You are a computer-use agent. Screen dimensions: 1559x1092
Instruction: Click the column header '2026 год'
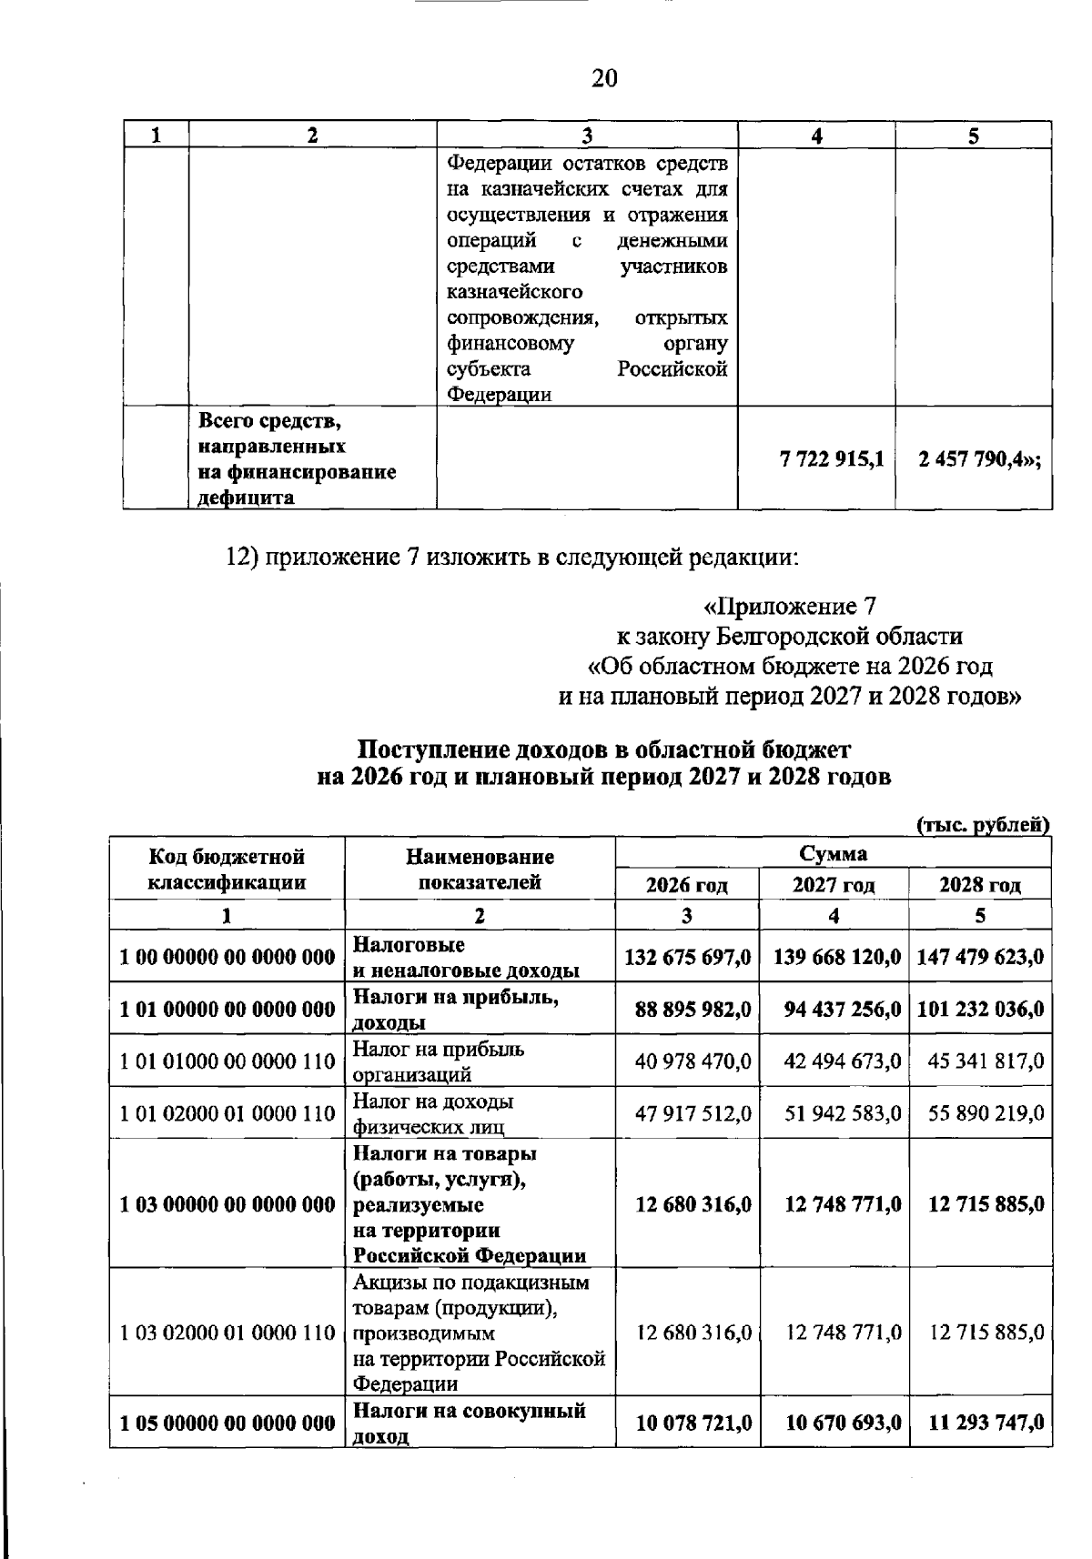point(687,885)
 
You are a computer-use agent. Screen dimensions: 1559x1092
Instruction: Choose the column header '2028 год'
point(980,885)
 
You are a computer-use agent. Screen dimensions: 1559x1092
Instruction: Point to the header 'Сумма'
point(833,853)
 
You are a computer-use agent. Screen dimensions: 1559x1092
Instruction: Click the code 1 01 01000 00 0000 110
point(227,1061)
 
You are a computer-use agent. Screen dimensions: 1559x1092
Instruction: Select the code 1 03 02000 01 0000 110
point(227,1333)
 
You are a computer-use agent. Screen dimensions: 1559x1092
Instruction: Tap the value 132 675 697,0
point(688,956)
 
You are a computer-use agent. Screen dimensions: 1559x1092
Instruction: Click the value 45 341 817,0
point(986,1061)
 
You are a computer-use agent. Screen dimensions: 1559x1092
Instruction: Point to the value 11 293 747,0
point(986,1423)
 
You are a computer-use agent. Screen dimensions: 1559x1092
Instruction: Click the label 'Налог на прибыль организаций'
point(439,1061)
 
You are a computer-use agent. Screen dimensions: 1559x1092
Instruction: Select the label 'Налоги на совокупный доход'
point(469,1423)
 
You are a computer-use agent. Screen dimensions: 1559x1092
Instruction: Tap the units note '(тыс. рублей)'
point(982,825)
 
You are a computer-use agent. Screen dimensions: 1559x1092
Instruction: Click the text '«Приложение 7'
point(791,606)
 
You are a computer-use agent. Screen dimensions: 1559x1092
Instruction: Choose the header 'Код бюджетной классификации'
point(227,869)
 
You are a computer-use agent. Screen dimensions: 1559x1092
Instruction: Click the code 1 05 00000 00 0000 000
point(227,1423)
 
